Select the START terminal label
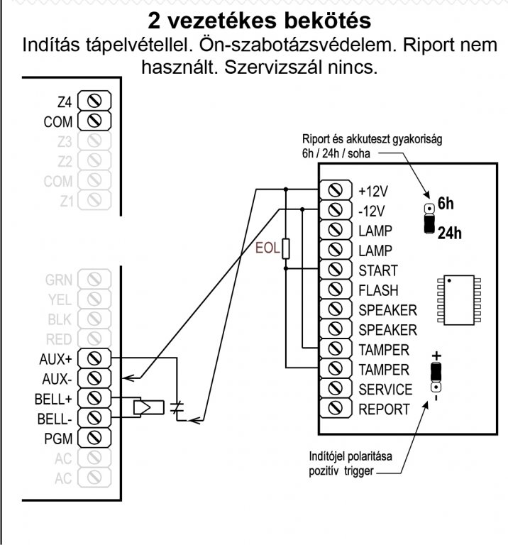click(x=378, y=270)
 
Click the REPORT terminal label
click(x=384, y=409)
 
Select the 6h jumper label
click(x=445, y=204)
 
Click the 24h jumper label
click(x=449, y=233)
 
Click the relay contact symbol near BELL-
click(x=178, y=410)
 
